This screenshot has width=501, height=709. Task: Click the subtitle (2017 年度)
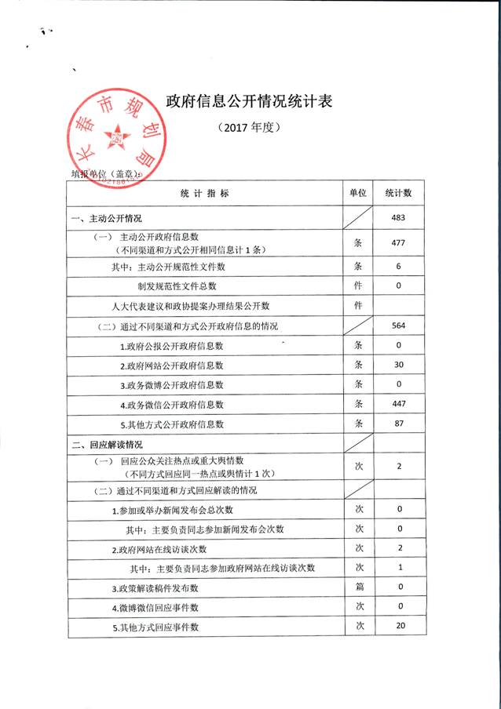(x=251, y=127)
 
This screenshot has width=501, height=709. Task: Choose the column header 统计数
(x=399, y=193)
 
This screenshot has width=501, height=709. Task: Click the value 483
(x=399, y=217)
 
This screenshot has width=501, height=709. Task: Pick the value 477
(x=399, y=243)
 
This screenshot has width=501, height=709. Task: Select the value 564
(x=399, y=325)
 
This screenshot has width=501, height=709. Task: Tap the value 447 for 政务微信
(x=399, y=405)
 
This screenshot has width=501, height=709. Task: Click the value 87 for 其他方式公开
(x=399, y=424)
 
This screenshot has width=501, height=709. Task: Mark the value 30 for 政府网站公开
(x=399, y=365)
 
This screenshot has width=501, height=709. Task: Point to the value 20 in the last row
(x=399, y=626)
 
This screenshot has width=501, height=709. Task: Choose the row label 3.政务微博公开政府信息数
(x=172, y=385)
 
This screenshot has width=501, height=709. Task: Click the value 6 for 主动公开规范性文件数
(x=399, y=267)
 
